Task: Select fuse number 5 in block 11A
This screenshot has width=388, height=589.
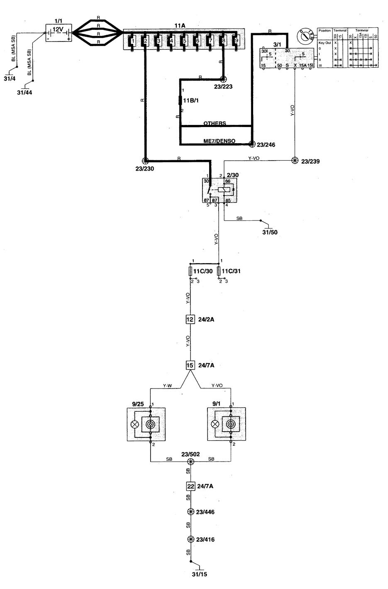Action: tap(184, 41)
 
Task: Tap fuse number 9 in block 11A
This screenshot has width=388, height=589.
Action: tap(237, 41)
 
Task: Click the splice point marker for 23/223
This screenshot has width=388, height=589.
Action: tap(223, 78)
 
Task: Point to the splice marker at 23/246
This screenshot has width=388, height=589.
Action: tap(251, 144)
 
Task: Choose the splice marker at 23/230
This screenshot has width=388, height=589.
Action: tap(145, 161)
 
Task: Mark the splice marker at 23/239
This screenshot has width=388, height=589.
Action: tap(295, 161)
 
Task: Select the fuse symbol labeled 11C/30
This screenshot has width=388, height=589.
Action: tap(191, 271)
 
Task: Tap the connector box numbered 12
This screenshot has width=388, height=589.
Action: tap(190, 319)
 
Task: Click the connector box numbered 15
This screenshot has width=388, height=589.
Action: tap(190, 365)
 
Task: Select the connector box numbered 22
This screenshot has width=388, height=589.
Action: tap(190, 486)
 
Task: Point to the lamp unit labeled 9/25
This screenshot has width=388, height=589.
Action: tap(146, 424)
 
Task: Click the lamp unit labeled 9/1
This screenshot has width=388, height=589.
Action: tap(226, 424)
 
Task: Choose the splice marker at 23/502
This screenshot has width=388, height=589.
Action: tap(190, 462)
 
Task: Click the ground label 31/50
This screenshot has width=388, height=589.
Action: tap(269, 232)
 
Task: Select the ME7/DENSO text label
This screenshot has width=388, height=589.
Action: tap(219, 141)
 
